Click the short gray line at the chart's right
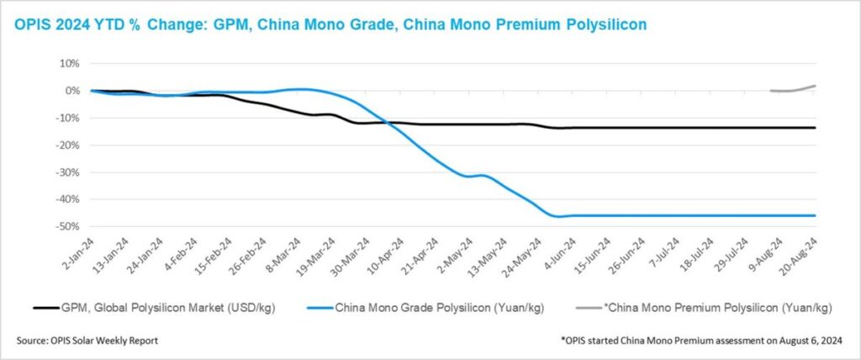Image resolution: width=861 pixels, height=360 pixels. click(x=795, y=89)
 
